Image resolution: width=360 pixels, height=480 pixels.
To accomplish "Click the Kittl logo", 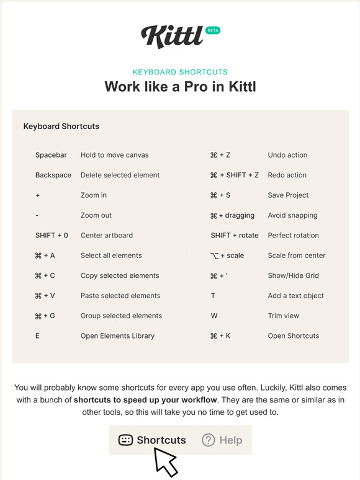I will click(172, 36).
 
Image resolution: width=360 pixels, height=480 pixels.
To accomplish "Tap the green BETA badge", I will click(212, 30).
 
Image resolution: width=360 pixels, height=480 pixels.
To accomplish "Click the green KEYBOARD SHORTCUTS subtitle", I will click(180, 72).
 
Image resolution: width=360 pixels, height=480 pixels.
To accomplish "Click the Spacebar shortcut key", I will click(51, 155).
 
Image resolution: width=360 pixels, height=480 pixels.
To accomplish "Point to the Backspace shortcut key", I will click(53, 175).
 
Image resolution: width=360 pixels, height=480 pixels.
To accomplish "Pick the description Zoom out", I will click(96, 215).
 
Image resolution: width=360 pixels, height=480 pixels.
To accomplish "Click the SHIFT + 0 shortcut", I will click(52, 236).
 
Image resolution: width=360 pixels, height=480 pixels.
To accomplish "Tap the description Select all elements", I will click(111, 256).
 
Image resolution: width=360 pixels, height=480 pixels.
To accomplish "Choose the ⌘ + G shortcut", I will click(45, 316).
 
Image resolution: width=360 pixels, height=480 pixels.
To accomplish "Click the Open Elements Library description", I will click(117, 336).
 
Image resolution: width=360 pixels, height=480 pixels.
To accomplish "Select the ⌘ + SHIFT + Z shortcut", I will click(234, 175).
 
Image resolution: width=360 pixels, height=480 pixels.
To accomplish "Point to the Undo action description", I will click(287, 155).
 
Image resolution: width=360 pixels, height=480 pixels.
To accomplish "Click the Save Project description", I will click(288, 195).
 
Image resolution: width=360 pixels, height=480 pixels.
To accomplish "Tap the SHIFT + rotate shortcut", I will click(234, 236).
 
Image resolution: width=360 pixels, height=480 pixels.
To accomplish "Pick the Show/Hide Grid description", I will click(293, 275).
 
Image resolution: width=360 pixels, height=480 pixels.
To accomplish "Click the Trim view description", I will click(283, 316).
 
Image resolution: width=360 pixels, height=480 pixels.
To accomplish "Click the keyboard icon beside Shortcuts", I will click(125, 440).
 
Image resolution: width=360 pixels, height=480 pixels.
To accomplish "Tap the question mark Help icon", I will click(209, 440).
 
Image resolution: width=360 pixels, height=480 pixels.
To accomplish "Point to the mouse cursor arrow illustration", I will click(164, 461).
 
